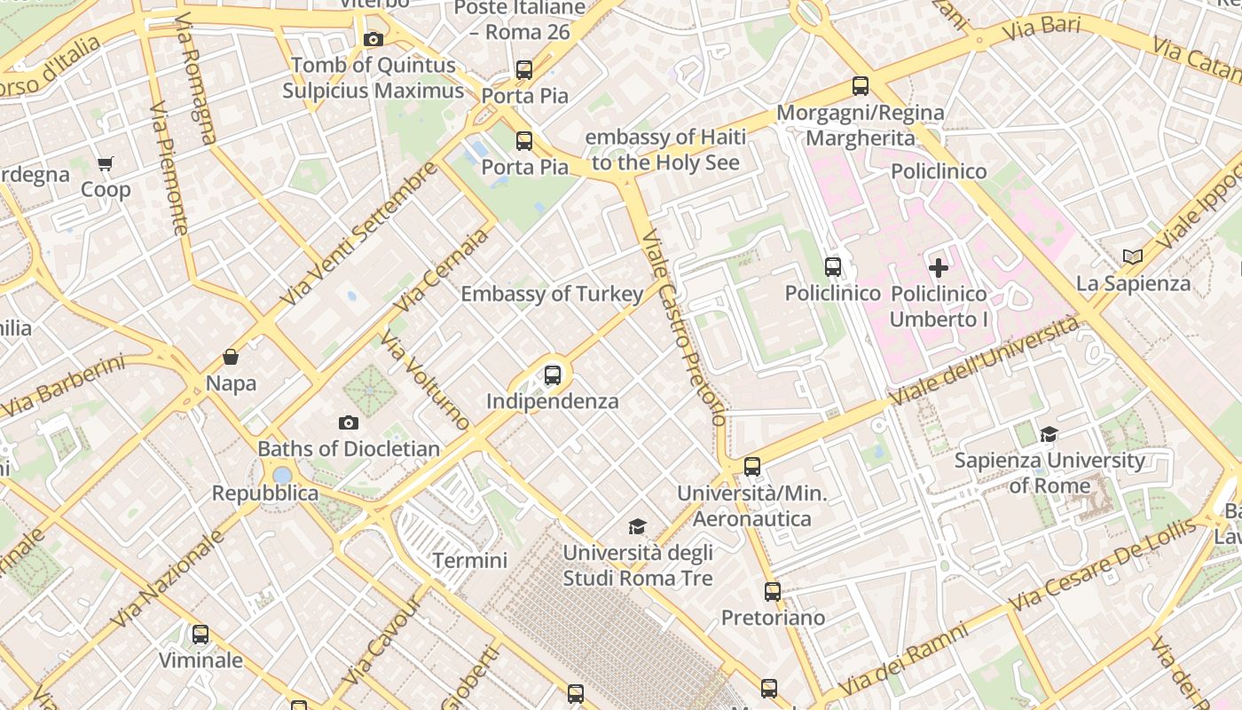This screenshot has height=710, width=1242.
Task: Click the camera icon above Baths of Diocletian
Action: pos(349,422)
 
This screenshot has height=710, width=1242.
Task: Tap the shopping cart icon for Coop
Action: pos(106,163)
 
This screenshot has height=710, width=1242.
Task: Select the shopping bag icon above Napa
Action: pos(231,357)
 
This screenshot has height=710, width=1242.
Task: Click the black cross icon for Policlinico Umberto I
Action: pos(938,267)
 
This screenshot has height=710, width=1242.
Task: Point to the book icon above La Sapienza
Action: pos(1132,256)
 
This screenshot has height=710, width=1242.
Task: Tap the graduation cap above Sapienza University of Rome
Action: pos(1049,434)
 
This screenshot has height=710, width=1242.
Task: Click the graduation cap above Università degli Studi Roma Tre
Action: pos(637,527)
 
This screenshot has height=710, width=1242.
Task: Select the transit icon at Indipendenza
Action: pos(553,375)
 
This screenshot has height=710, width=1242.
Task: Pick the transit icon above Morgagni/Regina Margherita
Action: pos(860,86)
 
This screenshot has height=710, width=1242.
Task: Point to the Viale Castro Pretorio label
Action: pos(683,327)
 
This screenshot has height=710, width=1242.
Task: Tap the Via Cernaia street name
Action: pos(441,270)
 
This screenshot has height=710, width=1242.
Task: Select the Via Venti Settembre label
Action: pos(358,233)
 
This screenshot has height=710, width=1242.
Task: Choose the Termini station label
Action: pos(470,560)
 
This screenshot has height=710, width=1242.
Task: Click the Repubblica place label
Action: pos(264,493)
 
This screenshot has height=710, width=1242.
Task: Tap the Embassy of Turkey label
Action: pos(552,294)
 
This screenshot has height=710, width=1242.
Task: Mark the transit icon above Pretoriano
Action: pos(773,591)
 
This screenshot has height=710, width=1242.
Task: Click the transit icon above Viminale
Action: pos(200,634)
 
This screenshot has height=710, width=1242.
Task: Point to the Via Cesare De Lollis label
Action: pos(1102,566)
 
